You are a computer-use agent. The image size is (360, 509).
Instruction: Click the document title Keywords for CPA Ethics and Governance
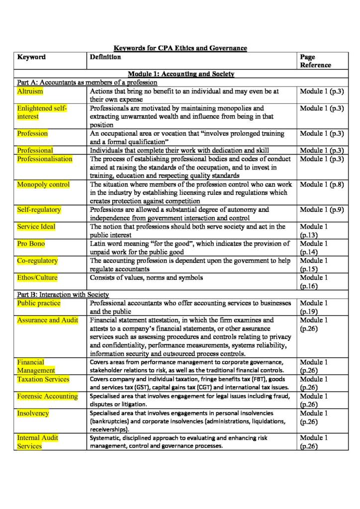click(x=180, y=48)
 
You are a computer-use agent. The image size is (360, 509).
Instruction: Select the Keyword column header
click(x=31, y=57)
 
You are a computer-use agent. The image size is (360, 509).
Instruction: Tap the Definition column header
click(x=105, y=57)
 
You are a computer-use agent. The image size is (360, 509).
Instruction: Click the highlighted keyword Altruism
click(x=30, y=91)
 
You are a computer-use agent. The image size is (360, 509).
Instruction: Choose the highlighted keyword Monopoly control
click(x=43, y=184)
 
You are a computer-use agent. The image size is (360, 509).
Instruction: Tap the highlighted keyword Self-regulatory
click(x=39, y=210)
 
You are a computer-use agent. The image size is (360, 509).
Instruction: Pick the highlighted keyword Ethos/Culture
click(x=37, y=278)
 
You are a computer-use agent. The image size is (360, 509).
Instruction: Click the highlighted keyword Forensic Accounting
click(x=47, y=396)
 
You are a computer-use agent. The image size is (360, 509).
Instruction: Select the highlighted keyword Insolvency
click(x=33, y=413)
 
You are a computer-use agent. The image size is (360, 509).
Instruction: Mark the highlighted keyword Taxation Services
click(x=43, y=379)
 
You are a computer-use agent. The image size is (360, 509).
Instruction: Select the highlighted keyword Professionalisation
click(x=44, y=159)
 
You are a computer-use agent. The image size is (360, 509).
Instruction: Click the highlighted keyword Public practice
click(x=39, y=303)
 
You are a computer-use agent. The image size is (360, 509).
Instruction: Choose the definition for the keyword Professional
click(x=179, y=150)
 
